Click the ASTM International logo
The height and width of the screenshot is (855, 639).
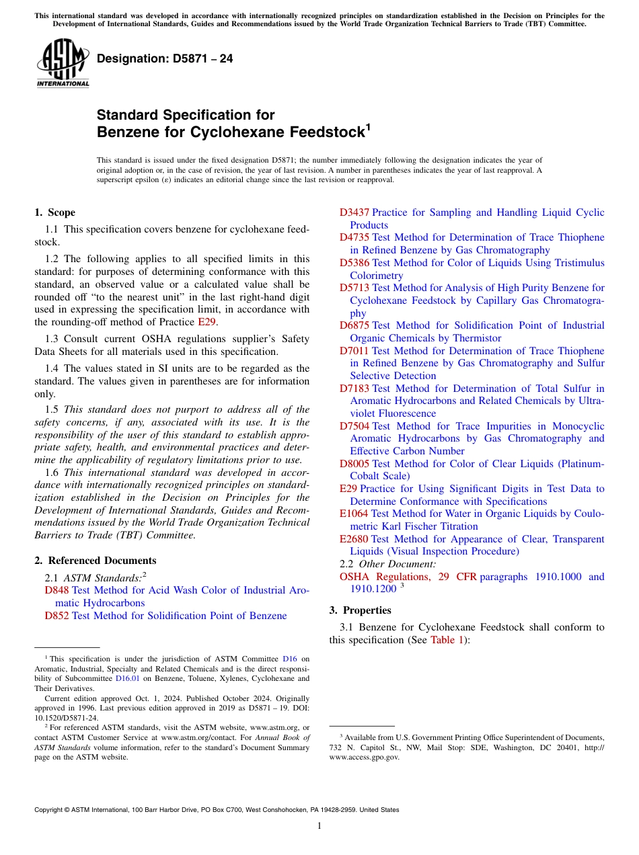click(63, 64)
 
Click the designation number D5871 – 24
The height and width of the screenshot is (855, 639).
click(165, 58)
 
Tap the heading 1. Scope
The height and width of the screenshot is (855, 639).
click(54, 212)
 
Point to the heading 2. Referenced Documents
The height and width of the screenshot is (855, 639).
click(95, 561)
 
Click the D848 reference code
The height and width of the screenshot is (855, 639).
click(57, 590)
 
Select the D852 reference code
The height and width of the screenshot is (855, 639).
click(57, 616)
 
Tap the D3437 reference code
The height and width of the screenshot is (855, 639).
click(354, 212)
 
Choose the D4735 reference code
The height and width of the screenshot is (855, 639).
click(354, 237)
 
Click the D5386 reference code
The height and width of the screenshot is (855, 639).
click(354, 263)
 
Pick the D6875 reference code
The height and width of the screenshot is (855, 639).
click(354, 325)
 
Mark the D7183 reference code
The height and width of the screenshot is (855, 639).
click(354, 389)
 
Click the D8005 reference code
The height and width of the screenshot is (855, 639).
click(354, 464)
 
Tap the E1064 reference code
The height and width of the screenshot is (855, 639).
click(354, 514)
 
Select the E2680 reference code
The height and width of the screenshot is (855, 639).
click(354, 539)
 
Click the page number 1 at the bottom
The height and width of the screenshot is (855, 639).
click(319, 825)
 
